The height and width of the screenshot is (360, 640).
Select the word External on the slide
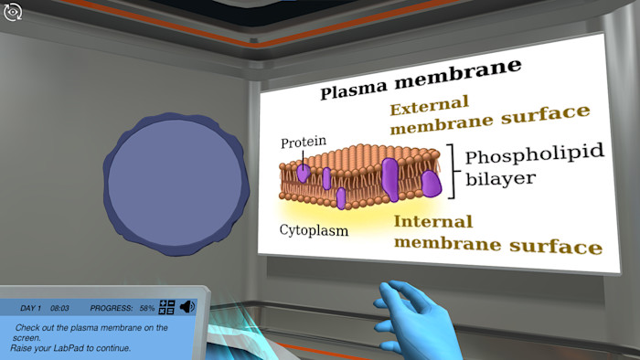429,103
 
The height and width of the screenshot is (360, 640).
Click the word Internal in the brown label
432,222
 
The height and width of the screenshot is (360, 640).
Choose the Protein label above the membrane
303,142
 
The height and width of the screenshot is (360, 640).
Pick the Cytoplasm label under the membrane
314,230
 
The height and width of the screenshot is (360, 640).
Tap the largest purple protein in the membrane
390,179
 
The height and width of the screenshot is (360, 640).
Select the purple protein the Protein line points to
304,171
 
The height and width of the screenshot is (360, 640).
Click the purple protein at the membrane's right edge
432,184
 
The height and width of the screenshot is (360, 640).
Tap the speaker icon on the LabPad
187,308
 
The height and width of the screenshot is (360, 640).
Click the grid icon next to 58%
166,308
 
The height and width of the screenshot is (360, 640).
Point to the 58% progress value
146,309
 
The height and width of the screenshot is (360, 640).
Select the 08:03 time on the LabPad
60,309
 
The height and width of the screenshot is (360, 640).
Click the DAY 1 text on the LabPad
31,309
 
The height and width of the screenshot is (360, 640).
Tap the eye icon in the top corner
13,12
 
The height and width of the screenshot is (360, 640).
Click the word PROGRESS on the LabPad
112,309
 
